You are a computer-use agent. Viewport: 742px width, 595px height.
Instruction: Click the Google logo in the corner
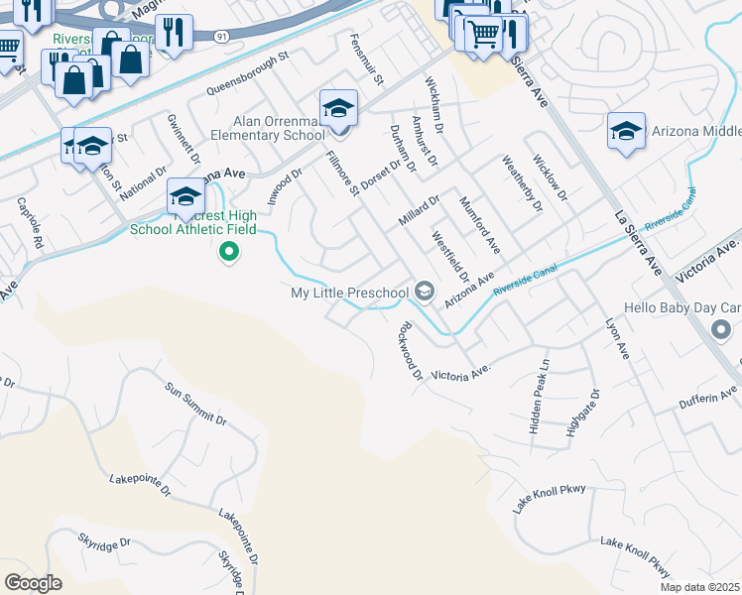[33, 583]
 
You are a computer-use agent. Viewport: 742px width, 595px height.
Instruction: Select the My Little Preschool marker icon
[425, 290]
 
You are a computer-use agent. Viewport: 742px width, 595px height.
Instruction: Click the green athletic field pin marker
[229, 253]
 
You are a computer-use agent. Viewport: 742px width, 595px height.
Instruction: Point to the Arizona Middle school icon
[626, 132]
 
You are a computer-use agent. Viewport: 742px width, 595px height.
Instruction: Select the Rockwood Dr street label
[411, 351]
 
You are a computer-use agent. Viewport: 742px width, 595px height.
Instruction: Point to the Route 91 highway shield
[220, 36]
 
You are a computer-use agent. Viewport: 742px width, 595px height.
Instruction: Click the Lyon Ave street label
[617, 339]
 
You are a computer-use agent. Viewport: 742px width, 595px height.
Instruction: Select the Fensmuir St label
[366, 59]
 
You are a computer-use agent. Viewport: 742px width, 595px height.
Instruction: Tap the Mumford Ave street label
[478, 224]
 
